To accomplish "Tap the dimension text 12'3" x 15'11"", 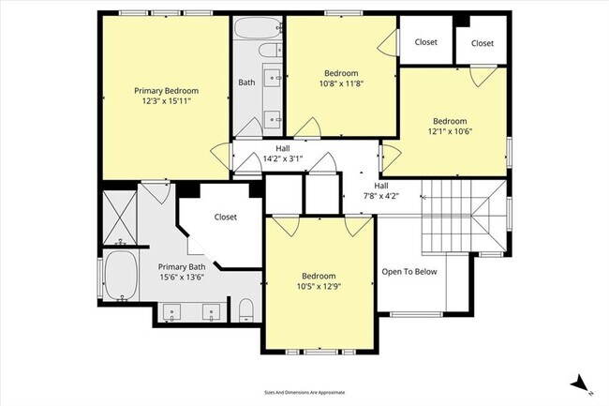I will pos(167,100).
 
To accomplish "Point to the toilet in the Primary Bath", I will pos(246,310).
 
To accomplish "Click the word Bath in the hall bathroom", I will pos(246,83).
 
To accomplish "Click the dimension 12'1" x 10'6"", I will pos(450,132).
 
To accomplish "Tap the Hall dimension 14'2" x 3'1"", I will pos(282,159).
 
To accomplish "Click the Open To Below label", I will pos(409,272).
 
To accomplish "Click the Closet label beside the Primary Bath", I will pos(225,217).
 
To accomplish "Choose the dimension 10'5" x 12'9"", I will pos(317,287).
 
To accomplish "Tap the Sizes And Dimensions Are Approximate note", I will pos(304,392).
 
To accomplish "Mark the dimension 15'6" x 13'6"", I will pos(181,278).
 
